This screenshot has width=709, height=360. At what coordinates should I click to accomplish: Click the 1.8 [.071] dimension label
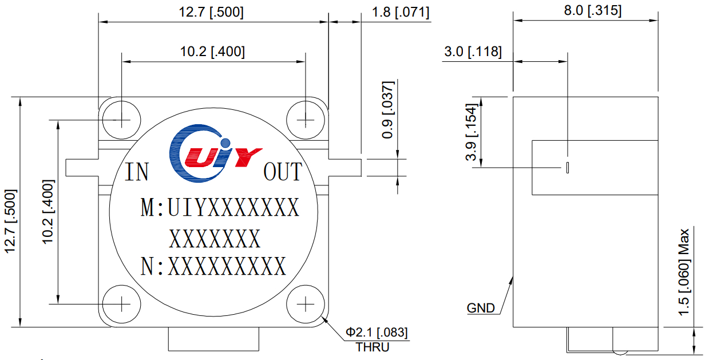tap(401, 13)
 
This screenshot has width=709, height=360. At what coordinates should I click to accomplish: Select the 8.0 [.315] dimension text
tap(592, 10)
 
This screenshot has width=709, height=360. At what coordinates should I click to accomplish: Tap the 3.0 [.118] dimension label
tap(473, 52)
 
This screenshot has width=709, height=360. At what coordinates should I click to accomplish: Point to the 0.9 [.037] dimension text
tap(388, 110)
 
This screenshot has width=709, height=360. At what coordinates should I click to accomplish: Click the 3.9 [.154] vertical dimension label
tap(471, 132)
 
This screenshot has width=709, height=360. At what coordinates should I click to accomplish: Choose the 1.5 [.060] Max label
tap(684, 272)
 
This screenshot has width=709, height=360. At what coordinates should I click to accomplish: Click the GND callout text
tap(481, 308)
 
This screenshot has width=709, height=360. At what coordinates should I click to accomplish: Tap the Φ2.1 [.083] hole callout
tap(377, 332)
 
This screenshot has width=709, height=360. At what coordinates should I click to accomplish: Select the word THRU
tap(373, 347)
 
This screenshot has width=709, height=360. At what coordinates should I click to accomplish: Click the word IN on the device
tap(137, 172)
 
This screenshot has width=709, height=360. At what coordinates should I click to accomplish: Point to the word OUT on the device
tap(283, 172)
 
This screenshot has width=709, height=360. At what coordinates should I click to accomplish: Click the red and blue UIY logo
tap(215, 153)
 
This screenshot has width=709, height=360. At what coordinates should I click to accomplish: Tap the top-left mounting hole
tap(121, 120)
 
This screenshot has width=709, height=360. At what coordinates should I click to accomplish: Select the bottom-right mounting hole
tap(306, 304)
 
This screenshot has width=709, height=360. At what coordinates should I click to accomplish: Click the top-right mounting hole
tap(306, 120)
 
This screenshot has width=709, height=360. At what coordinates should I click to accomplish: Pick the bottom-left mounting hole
tap(121, 304)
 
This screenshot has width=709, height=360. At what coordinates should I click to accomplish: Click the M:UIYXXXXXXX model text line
tap(220, 207)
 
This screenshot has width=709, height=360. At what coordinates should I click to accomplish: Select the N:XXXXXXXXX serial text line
tap(213, 266)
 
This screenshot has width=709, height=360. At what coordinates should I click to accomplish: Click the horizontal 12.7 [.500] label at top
tap(211, 13)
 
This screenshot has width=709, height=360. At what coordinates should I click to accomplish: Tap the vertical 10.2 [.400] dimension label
tap(48, 212)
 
